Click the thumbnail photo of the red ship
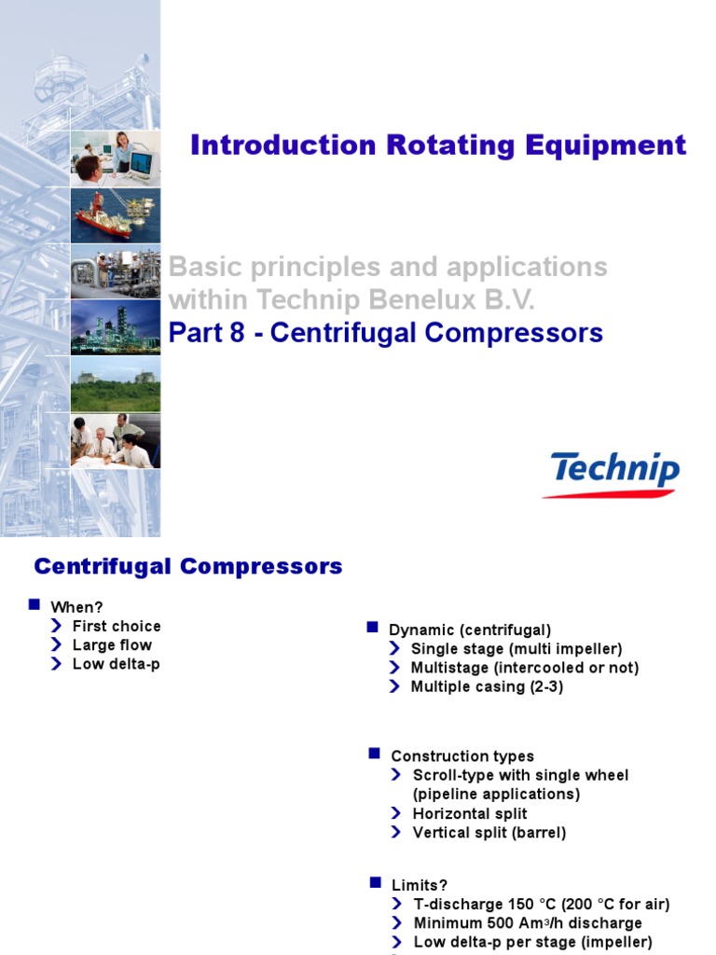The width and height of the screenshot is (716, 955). coord(116,215)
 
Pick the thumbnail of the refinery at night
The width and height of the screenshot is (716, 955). coord(116,326)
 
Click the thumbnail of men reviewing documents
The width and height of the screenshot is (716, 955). coord(116,441)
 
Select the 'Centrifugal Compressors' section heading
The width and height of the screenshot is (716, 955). coord(188,566)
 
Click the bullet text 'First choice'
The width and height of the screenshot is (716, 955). coord(117,626)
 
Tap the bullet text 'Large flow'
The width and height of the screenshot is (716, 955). coord(112,644)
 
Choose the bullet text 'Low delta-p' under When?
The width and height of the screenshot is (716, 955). coord(116,664)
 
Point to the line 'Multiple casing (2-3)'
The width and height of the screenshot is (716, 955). coord(487,686)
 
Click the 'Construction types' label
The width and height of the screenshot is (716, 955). coord(462,755)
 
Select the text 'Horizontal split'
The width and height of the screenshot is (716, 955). coord(470,813)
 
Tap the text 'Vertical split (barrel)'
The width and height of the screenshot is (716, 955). coord(489,832)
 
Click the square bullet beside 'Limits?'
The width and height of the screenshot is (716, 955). coord(375,882)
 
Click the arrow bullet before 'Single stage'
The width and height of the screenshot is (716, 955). coord(394,648)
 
